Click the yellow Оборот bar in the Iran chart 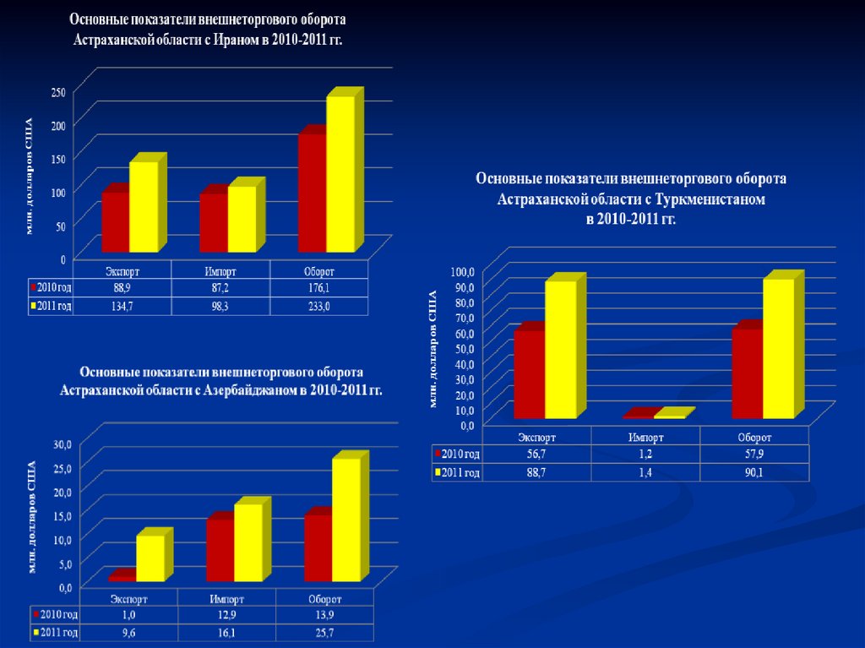[x=340, y=173]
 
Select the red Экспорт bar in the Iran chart [x=115, y=221]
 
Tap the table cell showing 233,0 [x=318, y=306]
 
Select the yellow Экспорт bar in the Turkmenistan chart [x=560, y=348]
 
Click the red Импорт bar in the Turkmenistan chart [x=639, y=414]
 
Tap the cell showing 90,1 [x=753, y=472]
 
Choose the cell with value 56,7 [x=535, y=455]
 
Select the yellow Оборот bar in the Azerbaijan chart [x=345, y=519]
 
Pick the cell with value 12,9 [x=226, y=615]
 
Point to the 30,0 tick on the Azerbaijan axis [x=63, y=444]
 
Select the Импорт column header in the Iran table [x=220, y=271]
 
